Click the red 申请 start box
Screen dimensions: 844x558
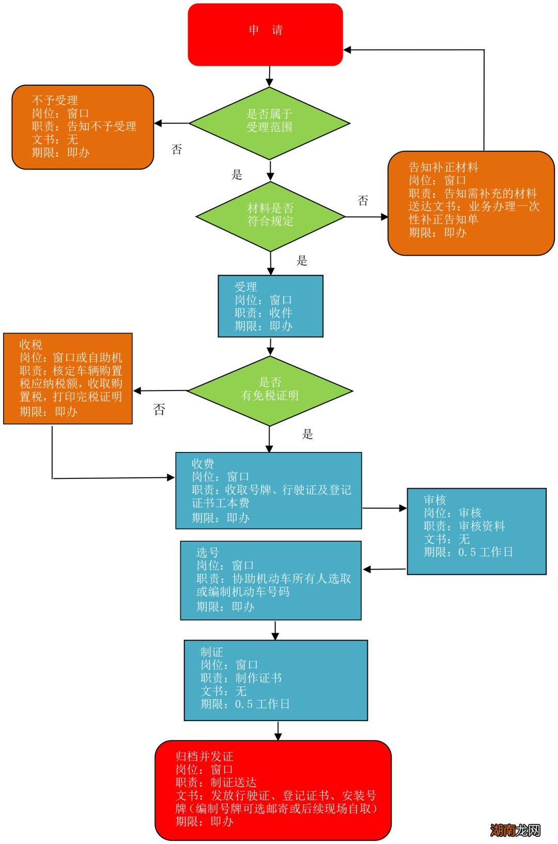265,35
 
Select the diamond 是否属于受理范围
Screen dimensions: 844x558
269,123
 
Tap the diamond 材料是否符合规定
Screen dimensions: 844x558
270,216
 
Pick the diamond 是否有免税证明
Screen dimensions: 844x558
270,391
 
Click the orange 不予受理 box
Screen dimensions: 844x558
83,127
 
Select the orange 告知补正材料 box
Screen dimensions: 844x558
471,203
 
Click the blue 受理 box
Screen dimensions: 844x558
270,306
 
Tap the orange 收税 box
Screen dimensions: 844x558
68,379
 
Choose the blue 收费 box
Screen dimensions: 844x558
268,491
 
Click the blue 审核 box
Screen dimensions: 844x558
476,531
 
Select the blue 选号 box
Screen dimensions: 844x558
270,580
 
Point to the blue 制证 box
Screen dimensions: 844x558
275,680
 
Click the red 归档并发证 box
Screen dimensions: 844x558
273,790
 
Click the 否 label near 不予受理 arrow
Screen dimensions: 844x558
177,150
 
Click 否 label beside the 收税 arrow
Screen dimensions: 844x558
159,410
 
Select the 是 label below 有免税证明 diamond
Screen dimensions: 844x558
307,434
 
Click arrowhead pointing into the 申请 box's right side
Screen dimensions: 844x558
348,50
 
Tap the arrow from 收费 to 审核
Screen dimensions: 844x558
384,508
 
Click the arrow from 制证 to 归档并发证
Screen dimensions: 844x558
278,730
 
